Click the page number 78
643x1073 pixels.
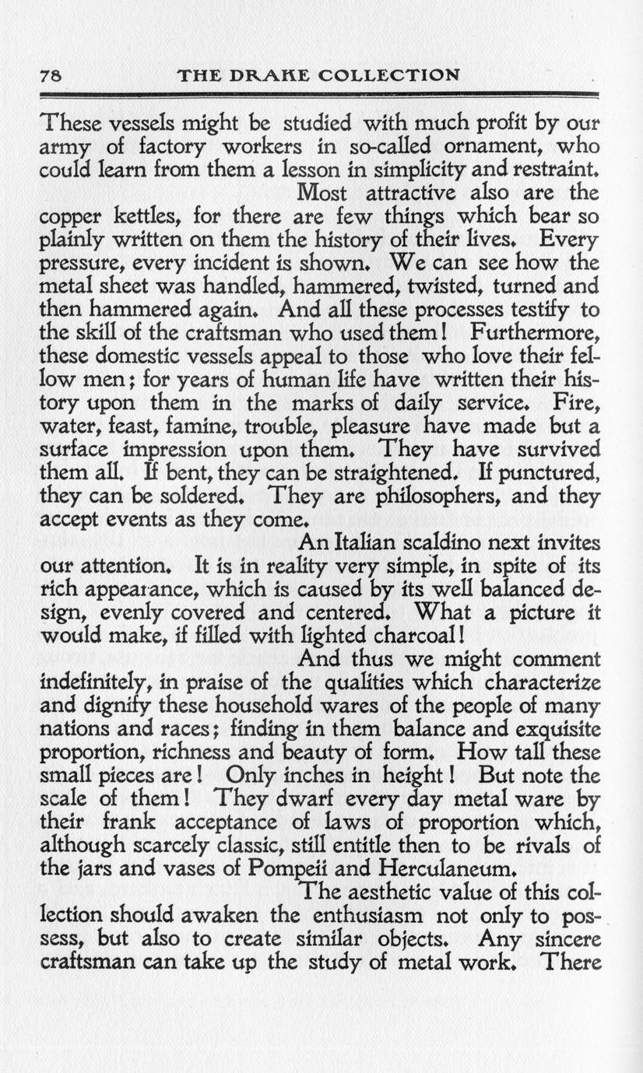(x=50, y=76)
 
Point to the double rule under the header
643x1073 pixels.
(x=319, y=94)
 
